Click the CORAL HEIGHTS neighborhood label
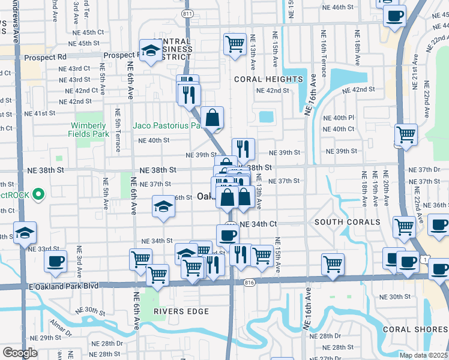click(x=268, y=79)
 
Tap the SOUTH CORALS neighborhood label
click(x=346, y=222)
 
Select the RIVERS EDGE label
click(x=181, y=311)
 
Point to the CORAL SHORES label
click(x=415, y=329)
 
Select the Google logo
click(x=20, y=352)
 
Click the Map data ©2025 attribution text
click(x=423, y=355)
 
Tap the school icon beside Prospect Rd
click(x=149, y=52)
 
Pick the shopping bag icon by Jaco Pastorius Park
click(x=212, y=118)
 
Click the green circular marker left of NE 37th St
click(x=38, y=194)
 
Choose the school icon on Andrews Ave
click(x=25, y=233)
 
